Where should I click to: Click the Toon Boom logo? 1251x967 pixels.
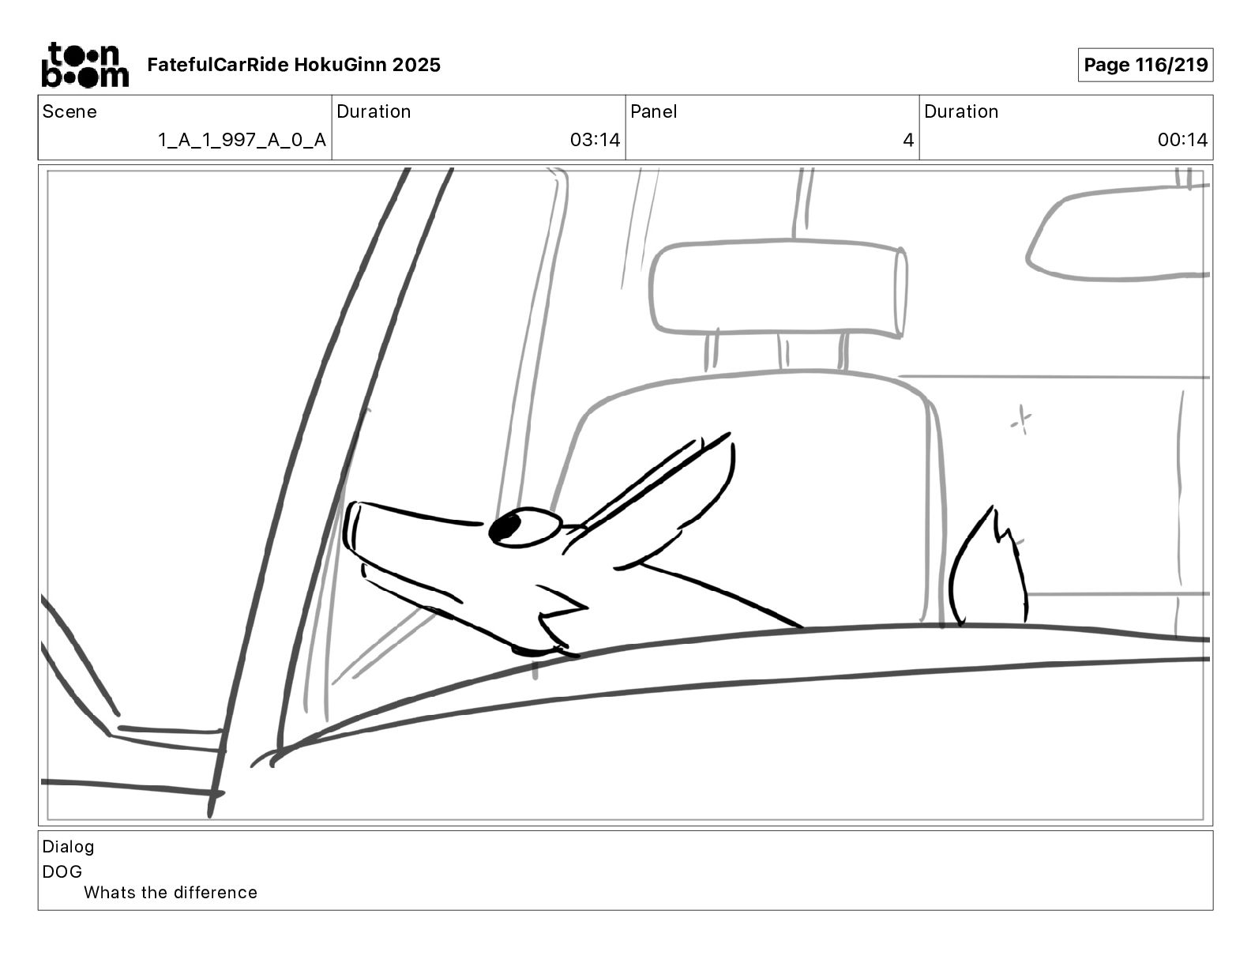(85, 65)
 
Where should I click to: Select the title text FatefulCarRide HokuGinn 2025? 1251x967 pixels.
(294, 65)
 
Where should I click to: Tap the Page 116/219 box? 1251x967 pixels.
(1145, 65)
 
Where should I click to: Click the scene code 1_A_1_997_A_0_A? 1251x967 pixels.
(242, 140)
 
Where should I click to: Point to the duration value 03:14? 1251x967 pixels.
(595, 140)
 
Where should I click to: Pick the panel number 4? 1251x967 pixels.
(908, 140)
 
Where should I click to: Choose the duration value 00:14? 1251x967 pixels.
(1182, 140)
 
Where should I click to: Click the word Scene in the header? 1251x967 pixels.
(69, 111)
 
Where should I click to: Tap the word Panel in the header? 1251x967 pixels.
(653, 111)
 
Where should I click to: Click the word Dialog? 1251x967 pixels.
(68, 847)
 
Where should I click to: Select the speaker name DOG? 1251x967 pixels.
(62, 871)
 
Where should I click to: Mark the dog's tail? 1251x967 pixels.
(987, 566)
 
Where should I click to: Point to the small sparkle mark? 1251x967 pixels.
(1021, 420)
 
